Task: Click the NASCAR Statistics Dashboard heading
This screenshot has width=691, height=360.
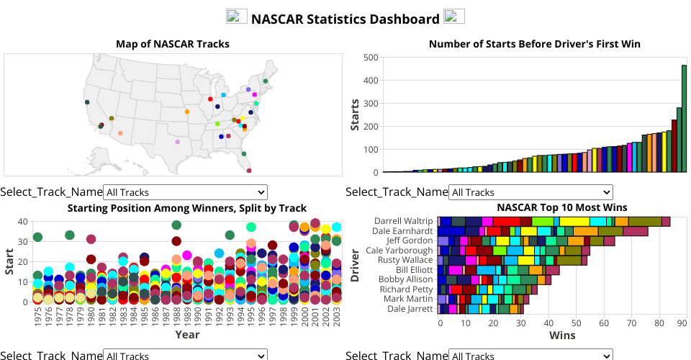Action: [x=345, y=19]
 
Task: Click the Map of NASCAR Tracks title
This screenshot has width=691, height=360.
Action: [x=173, y=45]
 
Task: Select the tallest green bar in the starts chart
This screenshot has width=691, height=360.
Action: [x=684, y=119]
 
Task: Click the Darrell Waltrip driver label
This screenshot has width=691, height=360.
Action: [x=403, y=221]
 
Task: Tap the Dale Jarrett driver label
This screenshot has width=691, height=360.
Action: [x=410, y=309]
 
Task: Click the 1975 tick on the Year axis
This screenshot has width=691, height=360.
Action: [x=37, y=316]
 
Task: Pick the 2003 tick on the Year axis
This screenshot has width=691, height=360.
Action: [x=336, y=316]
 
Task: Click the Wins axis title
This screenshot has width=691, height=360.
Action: [x=562, y=336]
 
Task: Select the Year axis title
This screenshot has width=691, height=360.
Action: [x=187, y=335]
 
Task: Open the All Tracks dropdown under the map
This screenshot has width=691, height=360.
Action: [x=185, y=192]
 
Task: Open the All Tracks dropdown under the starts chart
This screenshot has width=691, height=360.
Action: [x=530, y=192]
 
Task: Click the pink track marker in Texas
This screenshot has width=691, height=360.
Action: [x=178, y=142]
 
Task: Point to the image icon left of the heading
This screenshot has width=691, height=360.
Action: [x=237, y=17]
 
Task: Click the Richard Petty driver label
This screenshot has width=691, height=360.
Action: [x=407, y=289]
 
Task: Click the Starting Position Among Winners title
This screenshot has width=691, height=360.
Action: [x=187, y=208]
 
